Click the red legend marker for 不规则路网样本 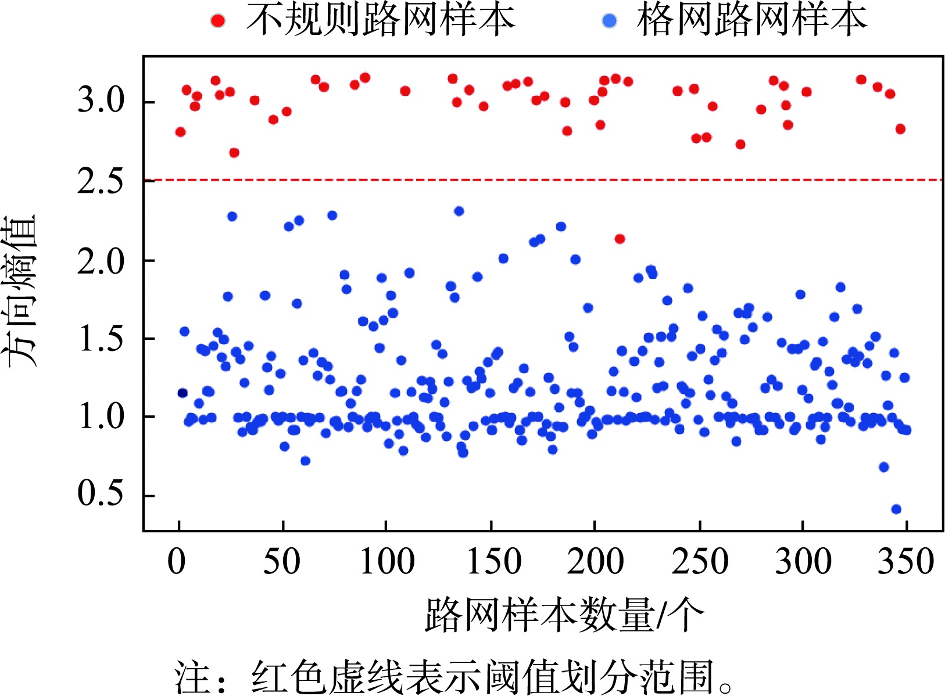tap(218, 21)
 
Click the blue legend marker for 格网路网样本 tap(609, 21)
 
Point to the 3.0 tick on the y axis tap(101, 101)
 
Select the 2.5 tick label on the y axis tap(101, 181)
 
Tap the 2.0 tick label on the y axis tap(101, 261)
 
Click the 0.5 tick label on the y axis tap(101, 494)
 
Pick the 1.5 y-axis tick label tap(101, 339)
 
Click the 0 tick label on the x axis tap(177, 562)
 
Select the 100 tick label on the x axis tap(387, 562)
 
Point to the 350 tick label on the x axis tap(905, 562)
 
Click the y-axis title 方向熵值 tap(22, 290)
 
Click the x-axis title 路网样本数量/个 tap(564, 615)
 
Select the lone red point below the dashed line tap(620, 239)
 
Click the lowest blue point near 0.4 tap(896, 510)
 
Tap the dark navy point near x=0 tap(182, 393)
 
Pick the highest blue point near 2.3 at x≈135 tap(459, 211)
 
